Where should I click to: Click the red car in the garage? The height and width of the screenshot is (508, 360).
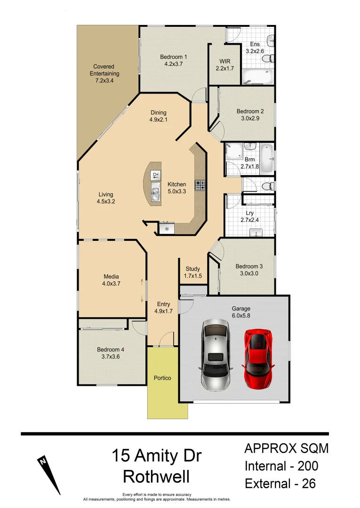257,357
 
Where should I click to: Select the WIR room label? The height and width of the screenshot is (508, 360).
224,61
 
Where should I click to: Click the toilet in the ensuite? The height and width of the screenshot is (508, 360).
267,58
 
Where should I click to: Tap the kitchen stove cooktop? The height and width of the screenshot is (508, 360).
200,185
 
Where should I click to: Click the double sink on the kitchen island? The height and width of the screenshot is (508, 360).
156,191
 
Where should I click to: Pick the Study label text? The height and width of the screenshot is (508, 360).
193,269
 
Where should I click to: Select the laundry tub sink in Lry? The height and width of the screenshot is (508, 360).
256,232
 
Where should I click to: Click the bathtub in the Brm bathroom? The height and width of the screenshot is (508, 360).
266,158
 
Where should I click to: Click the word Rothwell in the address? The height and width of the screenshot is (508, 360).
157,477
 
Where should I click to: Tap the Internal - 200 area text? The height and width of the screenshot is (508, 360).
281,466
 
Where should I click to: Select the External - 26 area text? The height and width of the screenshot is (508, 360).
280,483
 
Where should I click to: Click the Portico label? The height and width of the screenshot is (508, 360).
162,378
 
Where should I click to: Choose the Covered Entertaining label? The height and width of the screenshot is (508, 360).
104,70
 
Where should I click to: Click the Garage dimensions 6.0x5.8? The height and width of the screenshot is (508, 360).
240,316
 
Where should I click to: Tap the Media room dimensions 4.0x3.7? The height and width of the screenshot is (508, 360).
111,284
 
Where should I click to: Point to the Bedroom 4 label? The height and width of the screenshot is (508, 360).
111,349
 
